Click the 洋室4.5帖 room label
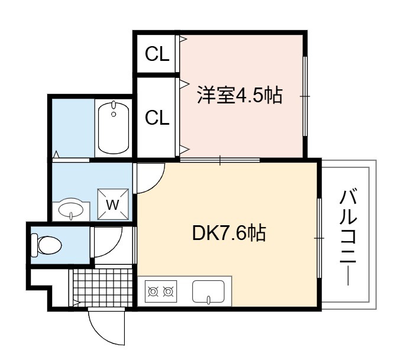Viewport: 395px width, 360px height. tap(239, 95)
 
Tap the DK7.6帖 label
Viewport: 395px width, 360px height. tap(229, 233)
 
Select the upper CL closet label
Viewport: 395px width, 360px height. tap(157, 54)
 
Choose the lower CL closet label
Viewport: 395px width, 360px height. tap(157, 118)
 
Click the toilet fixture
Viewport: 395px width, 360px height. tap(46, 245)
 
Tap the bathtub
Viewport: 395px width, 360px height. tap(114, 128)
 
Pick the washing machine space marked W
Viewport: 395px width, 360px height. tap(113, 204)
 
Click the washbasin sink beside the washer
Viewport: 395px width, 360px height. tap(71, 209)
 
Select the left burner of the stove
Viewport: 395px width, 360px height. tap(153, 291)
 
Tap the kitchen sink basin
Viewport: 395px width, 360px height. tap(208, 291)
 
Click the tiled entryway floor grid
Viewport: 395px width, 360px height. tap(102, 288)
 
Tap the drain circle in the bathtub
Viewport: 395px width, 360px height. tap(114, 114)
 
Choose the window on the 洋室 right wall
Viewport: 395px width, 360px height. tap(305, 96)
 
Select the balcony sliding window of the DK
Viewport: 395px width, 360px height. tap(319, 238)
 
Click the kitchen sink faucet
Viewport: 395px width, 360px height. tap(209, 300)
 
